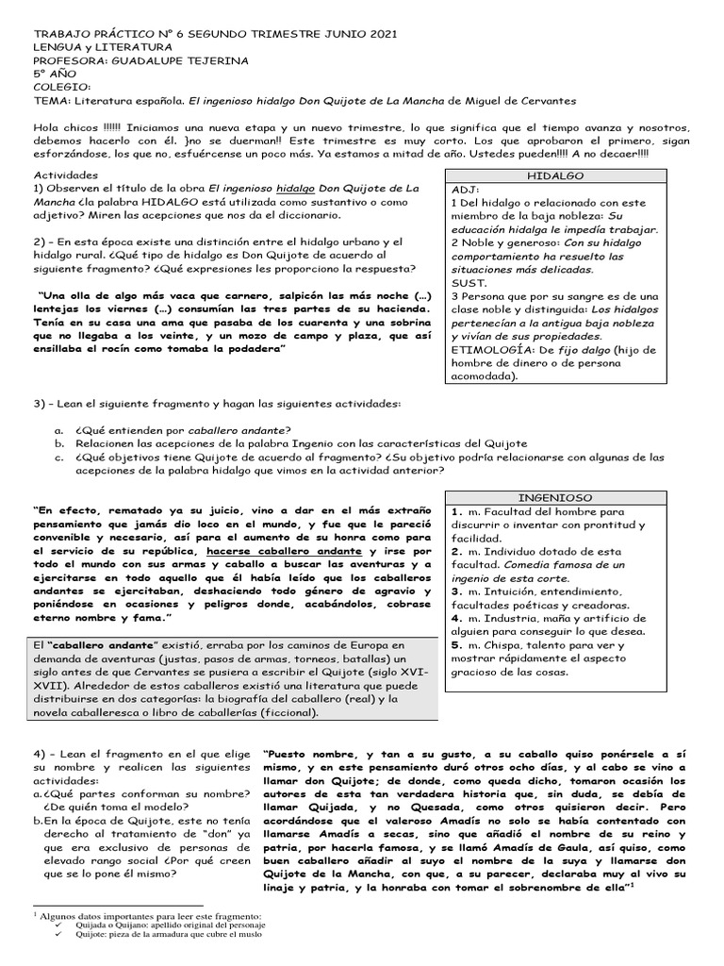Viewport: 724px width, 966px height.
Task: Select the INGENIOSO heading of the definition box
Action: pyautogui.click(x=555, y=497)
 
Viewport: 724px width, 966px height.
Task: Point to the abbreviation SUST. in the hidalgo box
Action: pyautogui.click(x=469, y=282)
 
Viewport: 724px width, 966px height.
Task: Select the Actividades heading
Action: pyautogui.click(x=65, y=175)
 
